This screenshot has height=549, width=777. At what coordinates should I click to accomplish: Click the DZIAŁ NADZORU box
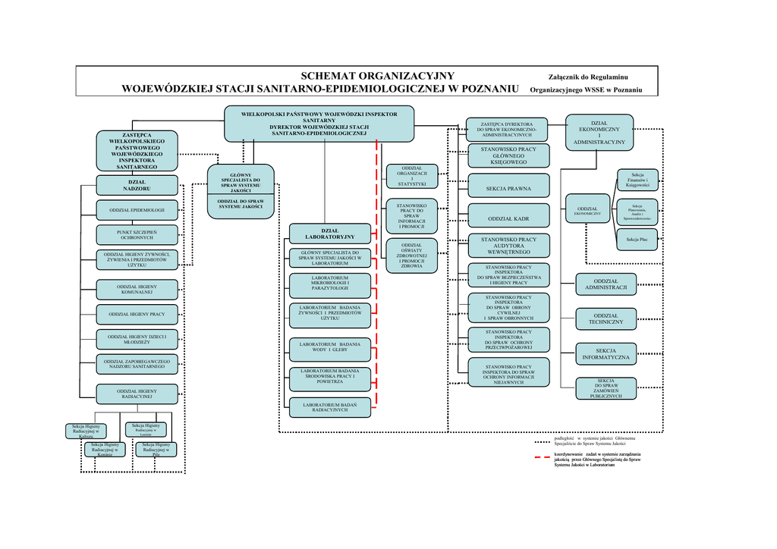point(137,184)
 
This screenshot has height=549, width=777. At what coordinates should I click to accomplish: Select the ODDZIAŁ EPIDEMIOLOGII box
point(137,209)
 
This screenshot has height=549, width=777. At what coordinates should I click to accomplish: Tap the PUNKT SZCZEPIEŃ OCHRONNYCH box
point(137,234)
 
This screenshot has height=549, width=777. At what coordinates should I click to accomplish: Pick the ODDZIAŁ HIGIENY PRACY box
point(137,314)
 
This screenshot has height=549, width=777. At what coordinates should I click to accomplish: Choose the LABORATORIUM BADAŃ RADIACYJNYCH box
point(330,408)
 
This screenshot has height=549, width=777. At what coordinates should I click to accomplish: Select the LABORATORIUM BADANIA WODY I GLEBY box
point(330,348)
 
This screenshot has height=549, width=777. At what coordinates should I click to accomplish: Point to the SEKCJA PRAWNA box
point(508,187)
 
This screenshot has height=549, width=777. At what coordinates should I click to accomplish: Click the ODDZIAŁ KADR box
point(508,218)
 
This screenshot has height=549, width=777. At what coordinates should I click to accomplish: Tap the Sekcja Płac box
point(637,240)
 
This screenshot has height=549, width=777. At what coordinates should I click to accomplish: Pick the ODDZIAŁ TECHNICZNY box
point(606,318)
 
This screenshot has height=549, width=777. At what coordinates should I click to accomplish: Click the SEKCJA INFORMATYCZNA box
point(606,353)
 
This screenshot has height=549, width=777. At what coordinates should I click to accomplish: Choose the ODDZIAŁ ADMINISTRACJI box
point(606,284)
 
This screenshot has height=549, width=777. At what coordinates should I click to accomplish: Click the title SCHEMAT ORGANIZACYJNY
point(377,75)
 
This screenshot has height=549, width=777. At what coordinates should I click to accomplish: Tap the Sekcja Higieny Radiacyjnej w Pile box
point(156,448)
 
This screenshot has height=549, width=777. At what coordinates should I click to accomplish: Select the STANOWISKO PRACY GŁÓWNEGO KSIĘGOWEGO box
point(508,155)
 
